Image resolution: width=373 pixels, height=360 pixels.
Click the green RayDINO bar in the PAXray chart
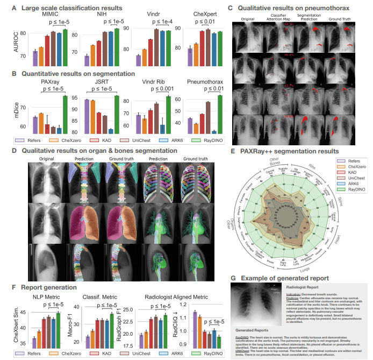[65, 114]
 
